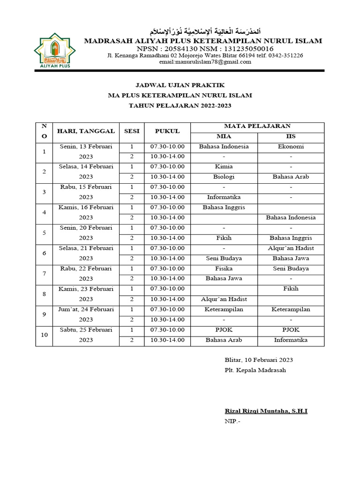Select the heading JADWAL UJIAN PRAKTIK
[x=180, y=85]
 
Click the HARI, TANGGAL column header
[x=86, y=131]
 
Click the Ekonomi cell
[x=291, y=146]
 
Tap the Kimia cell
[x=224, y=166]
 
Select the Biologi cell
[x=224, y=177]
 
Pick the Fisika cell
[x=224, y=269]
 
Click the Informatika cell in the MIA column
[x=224, y=197]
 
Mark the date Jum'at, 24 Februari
[x=86, y=309]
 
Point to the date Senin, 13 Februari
[x=86, y=146]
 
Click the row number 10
[x=44, y=335]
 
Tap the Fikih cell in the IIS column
[x=291, y=289]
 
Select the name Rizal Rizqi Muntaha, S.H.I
[x=266, y=411]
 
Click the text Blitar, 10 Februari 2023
[x=259, y=360]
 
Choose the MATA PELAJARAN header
[x=257, y=126]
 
